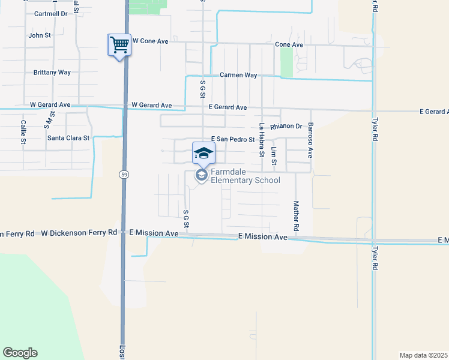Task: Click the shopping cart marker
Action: pos(119,44)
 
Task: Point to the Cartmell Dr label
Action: pos(50,13)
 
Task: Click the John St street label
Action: pos(40,35)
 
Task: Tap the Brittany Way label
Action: pos(52,73)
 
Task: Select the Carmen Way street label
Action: pos(238,75)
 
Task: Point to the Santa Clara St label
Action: pos(68,138)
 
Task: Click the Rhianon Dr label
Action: pos(286,127)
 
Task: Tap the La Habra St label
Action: pos(261,140)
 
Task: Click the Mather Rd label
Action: pos(296,217)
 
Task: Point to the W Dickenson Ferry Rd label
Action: pos(79,233)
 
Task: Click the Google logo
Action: pos(20,353)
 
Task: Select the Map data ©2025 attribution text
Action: pos(423,355)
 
